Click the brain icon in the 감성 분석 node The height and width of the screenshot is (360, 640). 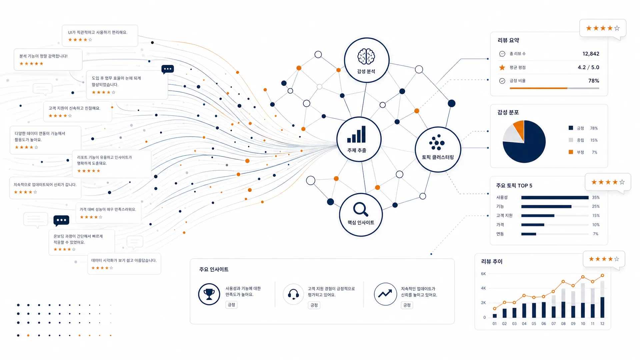366,56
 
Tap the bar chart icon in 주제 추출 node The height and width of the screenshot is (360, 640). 356,134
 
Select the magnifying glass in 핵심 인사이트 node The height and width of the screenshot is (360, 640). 361,209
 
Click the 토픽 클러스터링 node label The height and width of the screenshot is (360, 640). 438,157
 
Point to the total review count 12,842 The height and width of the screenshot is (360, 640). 591,54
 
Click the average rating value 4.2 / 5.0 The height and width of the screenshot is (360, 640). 588,67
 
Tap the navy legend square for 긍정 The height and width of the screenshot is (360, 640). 571,128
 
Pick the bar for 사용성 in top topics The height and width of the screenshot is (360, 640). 555,198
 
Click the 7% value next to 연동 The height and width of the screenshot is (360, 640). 595,234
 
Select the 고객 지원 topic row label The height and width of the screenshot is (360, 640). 504,216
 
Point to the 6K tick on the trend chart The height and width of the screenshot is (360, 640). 483,274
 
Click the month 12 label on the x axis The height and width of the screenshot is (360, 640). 602,324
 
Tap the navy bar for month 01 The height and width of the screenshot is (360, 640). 495,316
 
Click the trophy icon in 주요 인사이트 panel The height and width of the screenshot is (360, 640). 209,294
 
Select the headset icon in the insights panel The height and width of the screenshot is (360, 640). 293,294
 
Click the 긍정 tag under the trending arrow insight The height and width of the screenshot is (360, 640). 407,305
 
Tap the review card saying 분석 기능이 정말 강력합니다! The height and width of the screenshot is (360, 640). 48,59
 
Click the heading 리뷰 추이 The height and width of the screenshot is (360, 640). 492,262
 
